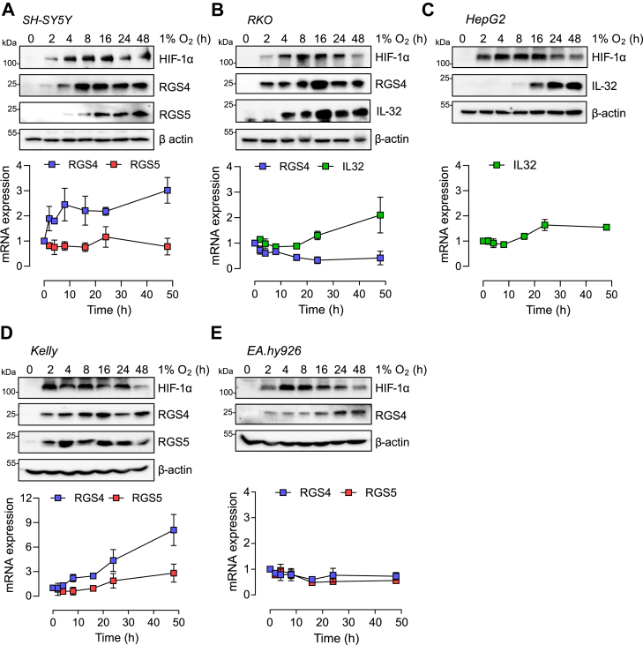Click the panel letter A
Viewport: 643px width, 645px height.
coord(7,8)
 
